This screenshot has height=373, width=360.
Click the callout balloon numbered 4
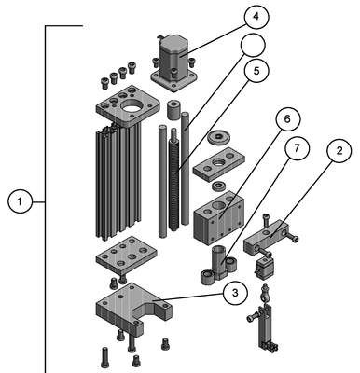coord(256,17)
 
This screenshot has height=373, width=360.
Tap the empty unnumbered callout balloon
coord(253,46)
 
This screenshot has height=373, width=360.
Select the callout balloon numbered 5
coord(256,71)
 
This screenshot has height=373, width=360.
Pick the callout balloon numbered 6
coord(287,118)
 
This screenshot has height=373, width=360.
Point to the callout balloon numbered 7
coord(297,148)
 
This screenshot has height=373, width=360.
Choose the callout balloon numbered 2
coord(339,151)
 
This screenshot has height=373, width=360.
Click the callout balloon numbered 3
coord(235,293)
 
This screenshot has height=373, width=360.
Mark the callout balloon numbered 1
coord(20,202)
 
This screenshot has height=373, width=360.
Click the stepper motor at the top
coord(174,62)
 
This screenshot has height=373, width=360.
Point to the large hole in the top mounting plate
coord(132,107)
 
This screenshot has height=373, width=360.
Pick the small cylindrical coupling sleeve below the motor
coord(173,109)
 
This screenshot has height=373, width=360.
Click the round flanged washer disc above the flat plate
coord(219,137)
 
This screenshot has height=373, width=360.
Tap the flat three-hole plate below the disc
coord(218,164)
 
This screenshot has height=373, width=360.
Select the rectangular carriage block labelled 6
coord(219,217)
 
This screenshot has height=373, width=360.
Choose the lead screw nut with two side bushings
coord(218,265)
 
